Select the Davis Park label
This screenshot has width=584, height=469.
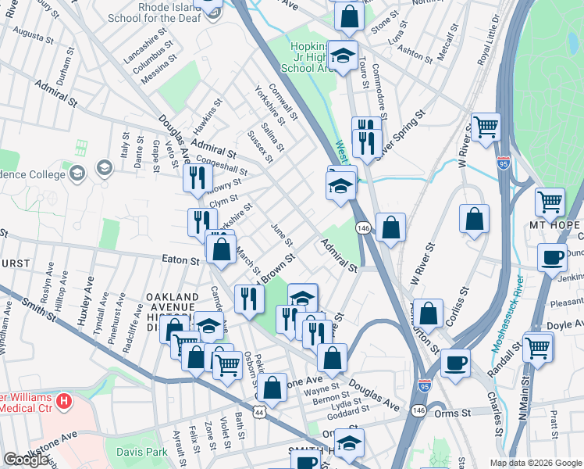click(142, 452)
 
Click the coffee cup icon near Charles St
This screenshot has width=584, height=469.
click(456, 363)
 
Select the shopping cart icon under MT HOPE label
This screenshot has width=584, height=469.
click(550, 202)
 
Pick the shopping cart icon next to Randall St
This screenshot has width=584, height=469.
click(538, 346)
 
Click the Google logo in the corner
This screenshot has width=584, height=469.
click(26, 460)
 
